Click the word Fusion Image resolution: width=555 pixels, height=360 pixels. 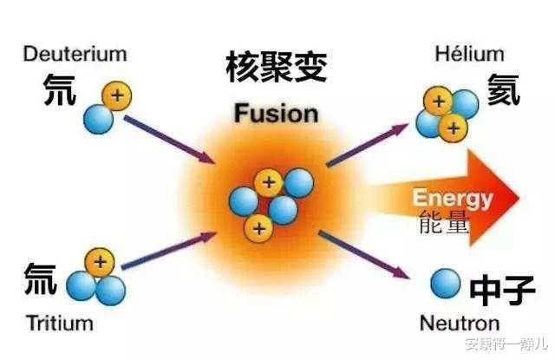point(276,113)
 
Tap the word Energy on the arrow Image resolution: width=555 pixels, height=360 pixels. point(452,198)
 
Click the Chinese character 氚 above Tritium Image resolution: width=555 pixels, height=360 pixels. point(40,279)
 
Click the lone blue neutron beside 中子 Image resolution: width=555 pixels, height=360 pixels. point(445,283)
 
